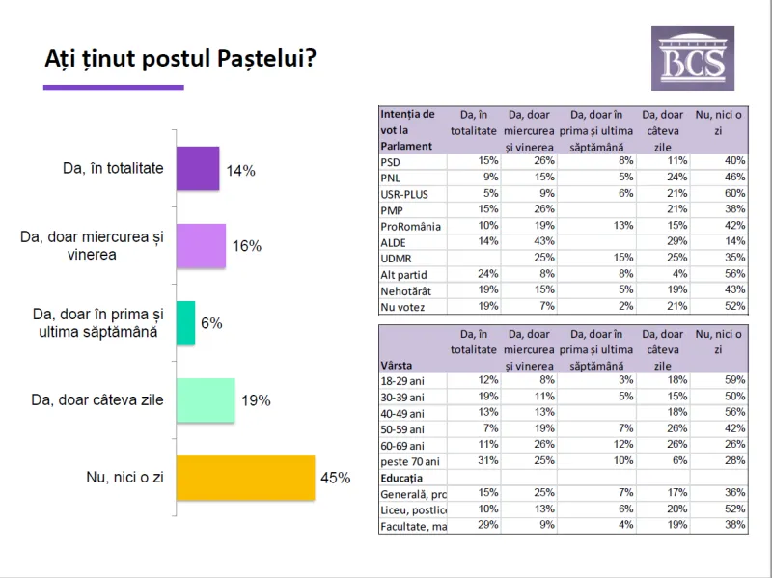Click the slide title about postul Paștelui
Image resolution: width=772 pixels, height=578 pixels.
tap(180, 60)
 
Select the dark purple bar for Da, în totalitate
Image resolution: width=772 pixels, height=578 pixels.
tap(198, 169)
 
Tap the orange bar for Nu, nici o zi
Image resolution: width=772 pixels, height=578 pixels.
tap(246, 478)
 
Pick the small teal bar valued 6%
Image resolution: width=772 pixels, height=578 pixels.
tap(185, 323)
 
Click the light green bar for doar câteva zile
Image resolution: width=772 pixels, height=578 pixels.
tap(206, 400)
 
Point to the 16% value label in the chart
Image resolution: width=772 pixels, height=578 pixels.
tap(247, 246)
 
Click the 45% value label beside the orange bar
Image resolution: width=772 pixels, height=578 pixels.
tap(336, 478)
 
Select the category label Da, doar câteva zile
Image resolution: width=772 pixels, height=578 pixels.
tap(110, 399)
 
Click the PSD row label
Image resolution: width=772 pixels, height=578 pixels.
tap(391, 161)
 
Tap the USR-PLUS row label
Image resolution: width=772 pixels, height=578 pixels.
tap(404, 194)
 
